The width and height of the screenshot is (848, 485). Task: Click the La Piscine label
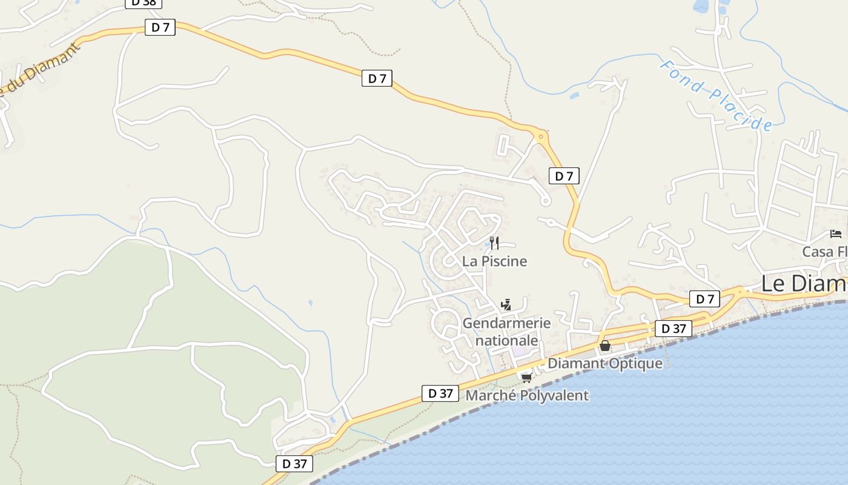pos(494,261)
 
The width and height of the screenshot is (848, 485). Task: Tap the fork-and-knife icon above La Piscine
pos(494,243)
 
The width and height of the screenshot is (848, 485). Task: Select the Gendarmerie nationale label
pos(506,332)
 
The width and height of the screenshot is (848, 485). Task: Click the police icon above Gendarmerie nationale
pos(506,305)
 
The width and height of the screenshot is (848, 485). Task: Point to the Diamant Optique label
pos(605,363)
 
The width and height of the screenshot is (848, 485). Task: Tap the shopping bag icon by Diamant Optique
pos(605,346)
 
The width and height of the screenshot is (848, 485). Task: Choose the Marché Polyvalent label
pos(526,396)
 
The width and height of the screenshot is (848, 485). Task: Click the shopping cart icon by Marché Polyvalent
pos(526,378)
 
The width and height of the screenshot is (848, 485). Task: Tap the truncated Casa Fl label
pos(824,252)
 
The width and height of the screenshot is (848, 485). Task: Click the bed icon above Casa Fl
pos(836,234)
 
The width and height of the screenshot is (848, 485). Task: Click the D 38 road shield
pos(144,2)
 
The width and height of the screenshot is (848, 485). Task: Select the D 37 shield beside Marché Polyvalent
pos(440,393)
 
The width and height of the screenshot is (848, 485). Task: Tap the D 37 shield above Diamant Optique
pos(673,329)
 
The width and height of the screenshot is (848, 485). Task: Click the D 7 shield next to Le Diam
pos(704,298)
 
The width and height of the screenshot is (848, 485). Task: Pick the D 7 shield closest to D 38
pos(160,27)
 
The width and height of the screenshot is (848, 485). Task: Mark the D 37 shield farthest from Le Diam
pos(294,464)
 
